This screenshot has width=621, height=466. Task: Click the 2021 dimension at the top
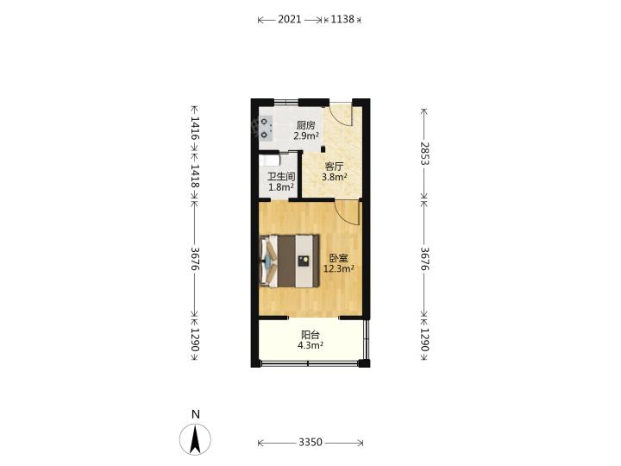point(290,19)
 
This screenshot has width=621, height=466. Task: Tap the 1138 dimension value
point(342,19)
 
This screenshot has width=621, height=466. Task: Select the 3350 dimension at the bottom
point(310,442)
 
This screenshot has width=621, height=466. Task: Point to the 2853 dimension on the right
point(424,154)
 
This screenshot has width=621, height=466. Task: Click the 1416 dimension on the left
point(194,128)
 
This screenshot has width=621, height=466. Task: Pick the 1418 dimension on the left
point(194,176)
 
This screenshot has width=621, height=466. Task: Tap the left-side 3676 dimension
point(194,259)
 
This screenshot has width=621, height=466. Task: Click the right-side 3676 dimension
point(424,259)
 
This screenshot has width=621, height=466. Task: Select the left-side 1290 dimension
point(194,340)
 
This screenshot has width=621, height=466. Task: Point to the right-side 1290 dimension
point(424,340)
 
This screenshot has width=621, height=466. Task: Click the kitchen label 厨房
point(305,126)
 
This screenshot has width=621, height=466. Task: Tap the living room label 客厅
point(334,167)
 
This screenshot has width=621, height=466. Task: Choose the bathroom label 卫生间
point(281,177)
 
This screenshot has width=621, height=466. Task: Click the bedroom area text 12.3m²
point(339,269)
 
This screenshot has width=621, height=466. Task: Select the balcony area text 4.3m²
point(310,345)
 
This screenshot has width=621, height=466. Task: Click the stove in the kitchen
point(266,129)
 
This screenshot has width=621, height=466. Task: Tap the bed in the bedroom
point(290,261)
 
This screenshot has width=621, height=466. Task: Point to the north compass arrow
point(195,439)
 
